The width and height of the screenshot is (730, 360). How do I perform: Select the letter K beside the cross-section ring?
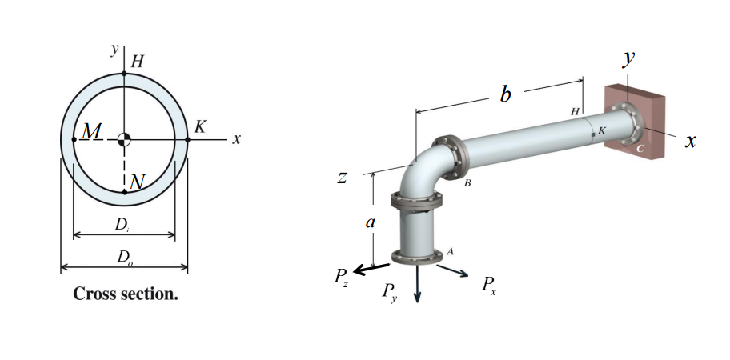point(200,126)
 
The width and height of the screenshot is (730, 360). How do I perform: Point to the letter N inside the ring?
point(137,182)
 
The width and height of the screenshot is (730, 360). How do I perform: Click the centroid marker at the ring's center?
point(124,139)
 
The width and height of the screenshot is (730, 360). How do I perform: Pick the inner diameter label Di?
point(123,226)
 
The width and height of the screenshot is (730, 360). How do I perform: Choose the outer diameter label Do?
point(124,257)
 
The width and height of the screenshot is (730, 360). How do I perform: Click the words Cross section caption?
point(126,294)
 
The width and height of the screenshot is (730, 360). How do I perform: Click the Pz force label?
point(341,278)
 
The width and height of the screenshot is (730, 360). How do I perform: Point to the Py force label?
point(390,291)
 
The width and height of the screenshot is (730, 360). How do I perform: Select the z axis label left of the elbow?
point(342,177)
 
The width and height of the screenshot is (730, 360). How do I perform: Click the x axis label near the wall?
point(691,142)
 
